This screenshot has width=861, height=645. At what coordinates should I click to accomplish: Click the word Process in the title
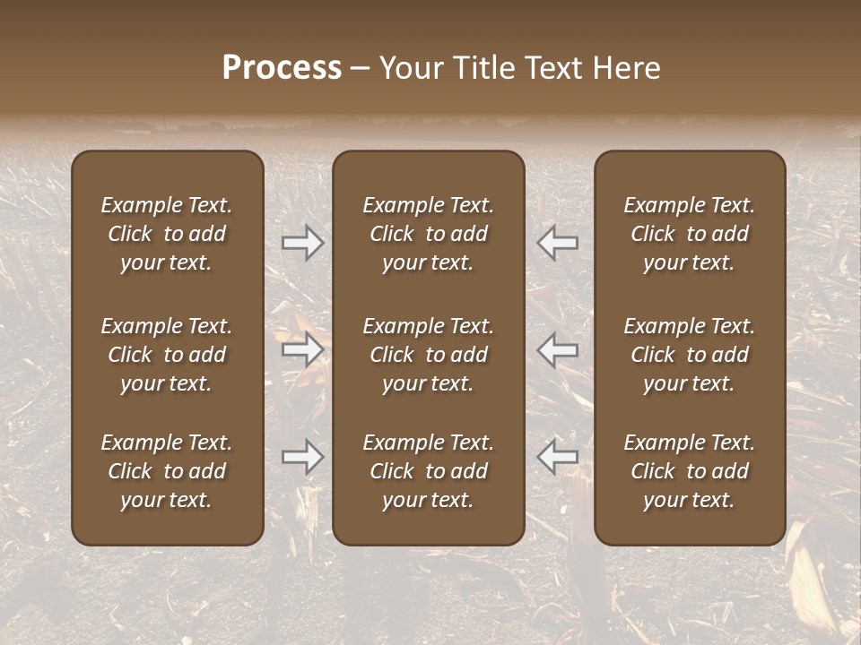[282, 68]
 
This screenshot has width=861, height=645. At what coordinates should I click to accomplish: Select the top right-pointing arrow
[303, 243]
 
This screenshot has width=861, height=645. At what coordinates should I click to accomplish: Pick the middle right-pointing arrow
[303, 349]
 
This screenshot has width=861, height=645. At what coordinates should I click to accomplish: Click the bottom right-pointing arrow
[303, 457]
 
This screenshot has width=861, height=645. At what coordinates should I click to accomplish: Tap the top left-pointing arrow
[557, 243]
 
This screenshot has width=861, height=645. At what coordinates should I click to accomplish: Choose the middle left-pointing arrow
[557, 349]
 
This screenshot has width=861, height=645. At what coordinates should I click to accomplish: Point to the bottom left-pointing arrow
[557, 457]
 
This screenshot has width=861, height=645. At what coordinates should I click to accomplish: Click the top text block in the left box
[167, 234]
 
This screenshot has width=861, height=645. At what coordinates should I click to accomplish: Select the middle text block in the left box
[167, 355]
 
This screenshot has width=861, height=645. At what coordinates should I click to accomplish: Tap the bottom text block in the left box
[167, 471]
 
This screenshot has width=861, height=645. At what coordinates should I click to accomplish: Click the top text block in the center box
[428, 234]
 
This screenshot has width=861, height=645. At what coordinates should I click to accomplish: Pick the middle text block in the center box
[428, 355]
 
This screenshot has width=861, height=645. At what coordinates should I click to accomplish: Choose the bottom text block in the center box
[428, 471]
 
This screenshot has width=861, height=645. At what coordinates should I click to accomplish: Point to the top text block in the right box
[690, 234]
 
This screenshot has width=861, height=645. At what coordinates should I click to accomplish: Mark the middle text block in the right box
[690, 355]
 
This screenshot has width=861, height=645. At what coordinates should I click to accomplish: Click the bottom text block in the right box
[690, 471]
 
